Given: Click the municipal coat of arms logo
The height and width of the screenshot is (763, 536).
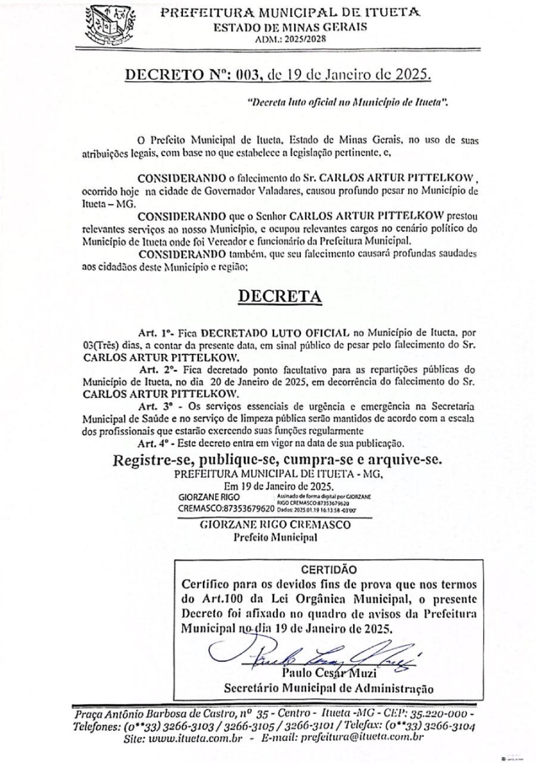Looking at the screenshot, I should [105, 25].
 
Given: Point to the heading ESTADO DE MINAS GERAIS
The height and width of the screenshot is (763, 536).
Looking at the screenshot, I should [289, 27].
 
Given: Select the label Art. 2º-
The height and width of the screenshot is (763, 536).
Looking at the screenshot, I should [156, 369].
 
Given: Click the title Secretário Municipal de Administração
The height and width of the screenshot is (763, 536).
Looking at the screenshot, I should [328, 687].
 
